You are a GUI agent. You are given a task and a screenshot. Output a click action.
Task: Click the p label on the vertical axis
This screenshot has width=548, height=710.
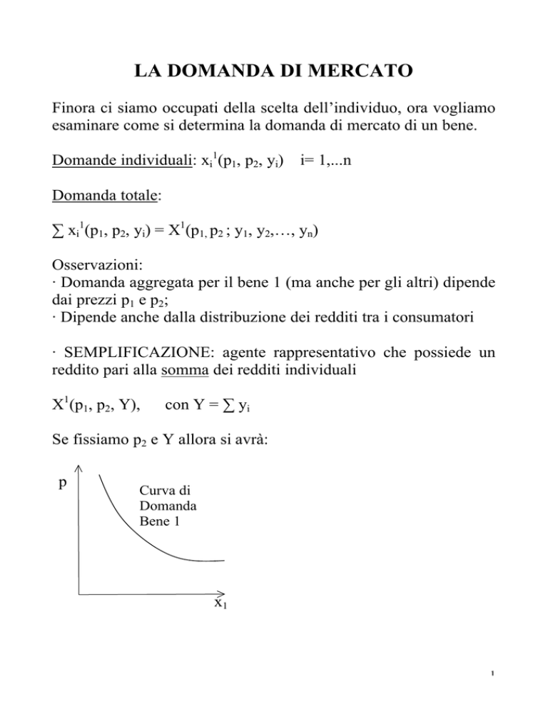click(x=64, y=482)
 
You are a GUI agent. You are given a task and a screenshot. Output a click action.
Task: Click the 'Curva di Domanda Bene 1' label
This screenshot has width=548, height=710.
click(x=160, y=506)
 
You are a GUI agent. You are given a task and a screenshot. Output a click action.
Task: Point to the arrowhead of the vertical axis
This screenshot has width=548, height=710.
click(x=78, y=468)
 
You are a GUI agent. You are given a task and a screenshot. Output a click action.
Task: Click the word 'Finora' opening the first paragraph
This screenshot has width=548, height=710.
click(x=73, y=112)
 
